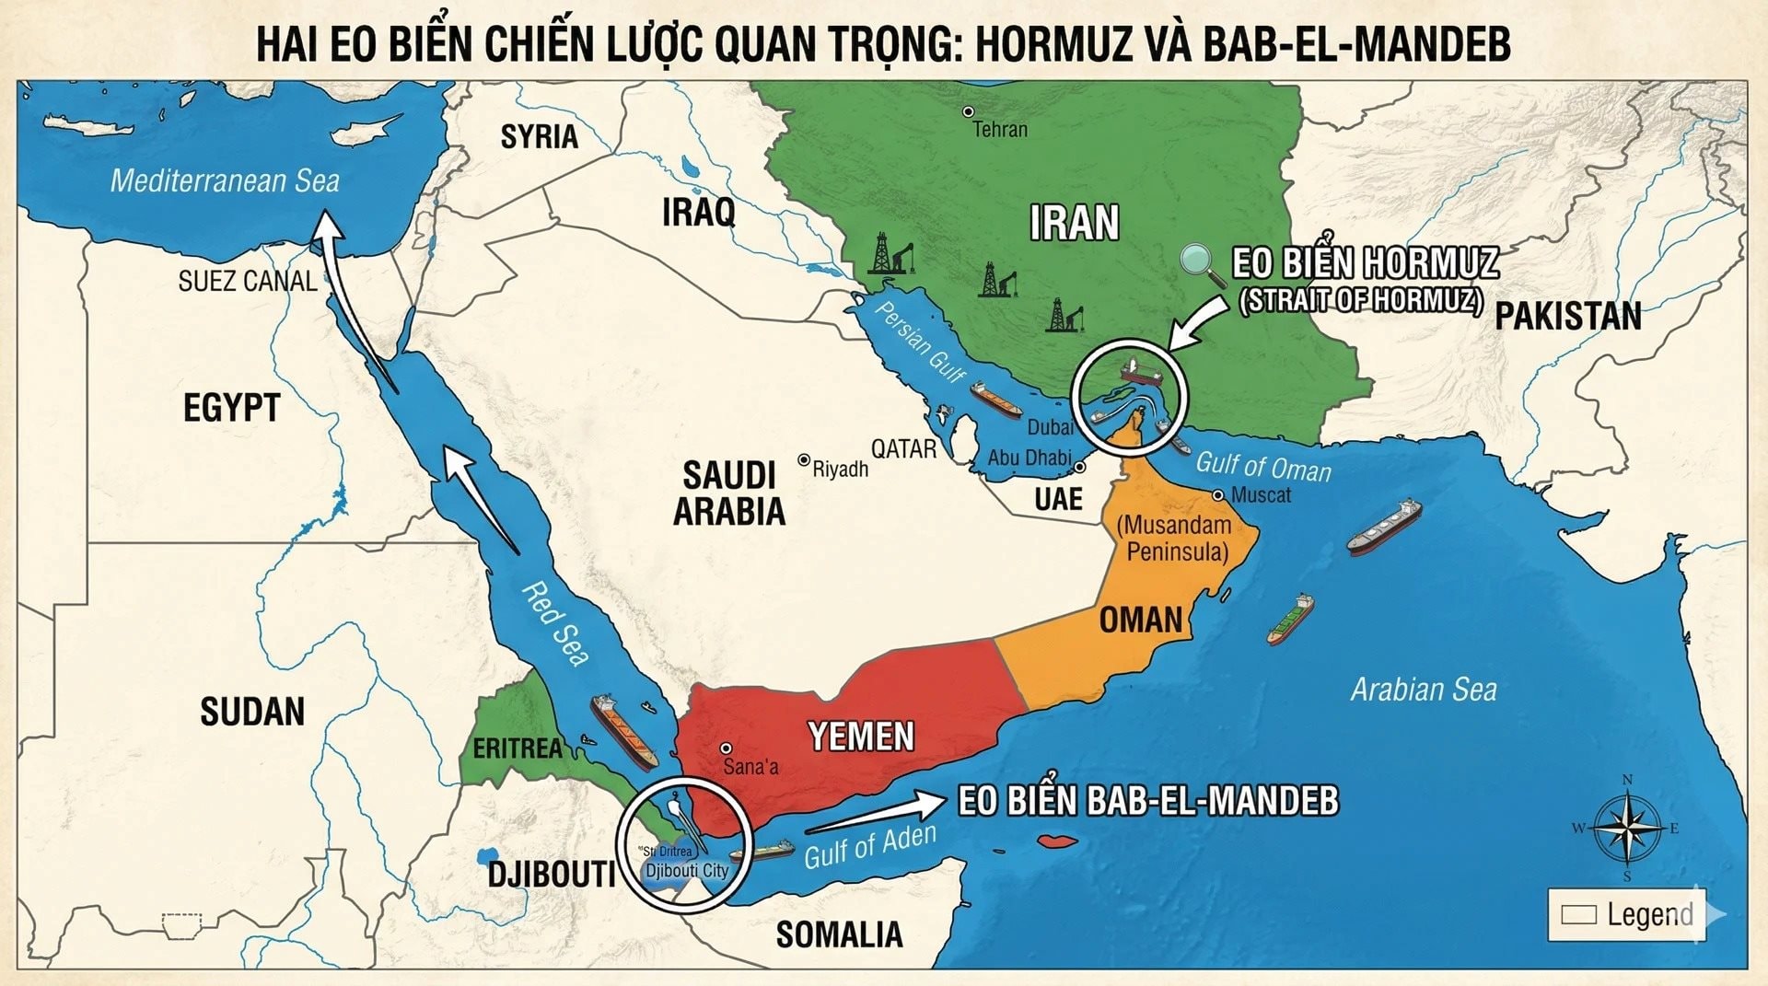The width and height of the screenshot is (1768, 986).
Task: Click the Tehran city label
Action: (x=1000, y=130)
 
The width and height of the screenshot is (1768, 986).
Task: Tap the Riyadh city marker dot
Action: (x=804, y=460)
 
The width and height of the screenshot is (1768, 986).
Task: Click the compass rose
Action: (x=1626, y=828)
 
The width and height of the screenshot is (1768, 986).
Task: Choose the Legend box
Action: (x=1626, y=914)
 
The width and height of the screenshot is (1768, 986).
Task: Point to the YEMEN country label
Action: (x=861, y=737)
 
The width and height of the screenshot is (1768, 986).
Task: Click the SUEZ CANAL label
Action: (x=247, y=281)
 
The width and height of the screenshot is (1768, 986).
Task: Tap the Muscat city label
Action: (x=1261, y=495)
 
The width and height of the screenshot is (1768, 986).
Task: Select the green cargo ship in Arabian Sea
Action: (x=1290, y=619)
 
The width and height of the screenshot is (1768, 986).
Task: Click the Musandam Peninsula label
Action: (x=1175, y=539)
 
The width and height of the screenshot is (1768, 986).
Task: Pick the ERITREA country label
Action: (x=517, y=748)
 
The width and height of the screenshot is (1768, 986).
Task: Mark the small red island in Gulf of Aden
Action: (x=1057, y=841)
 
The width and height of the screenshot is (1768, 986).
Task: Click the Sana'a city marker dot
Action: (x=726, y=748)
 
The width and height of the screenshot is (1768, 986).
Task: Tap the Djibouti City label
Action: (x=686, y=871)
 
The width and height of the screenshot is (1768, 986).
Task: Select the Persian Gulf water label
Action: (x=918, y=342)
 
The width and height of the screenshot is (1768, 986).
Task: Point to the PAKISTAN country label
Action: (x=1567, y=317)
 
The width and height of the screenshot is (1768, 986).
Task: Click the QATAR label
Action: (x=903, y=449)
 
